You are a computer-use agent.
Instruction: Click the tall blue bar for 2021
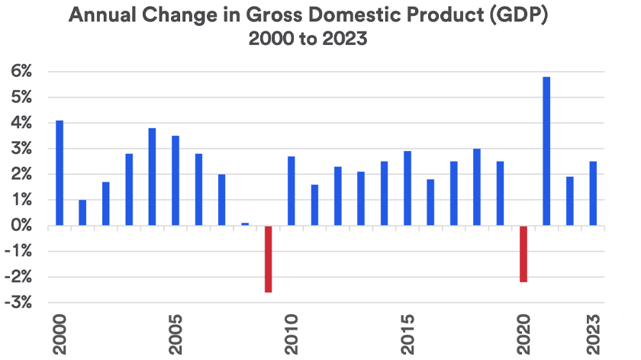[x=546, y=151]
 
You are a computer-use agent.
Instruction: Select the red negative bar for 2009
[x=269, y=259]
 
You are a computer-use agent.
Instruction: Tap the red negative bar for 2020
[x=523, y=254]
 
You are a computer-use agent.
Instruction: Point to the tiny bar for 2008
[x=245, y=224]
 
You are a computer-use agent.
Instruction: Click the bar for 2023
[x=593, y=194]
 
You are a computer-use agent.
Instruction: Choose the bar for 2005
[x=176, y=181]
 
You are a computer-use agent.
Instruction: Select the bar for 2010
[x=292, y=191]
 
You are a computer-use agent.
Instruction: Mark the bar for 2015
[x=407, y=188]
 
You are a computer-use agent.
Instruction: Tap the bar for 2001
[x=82, y=213]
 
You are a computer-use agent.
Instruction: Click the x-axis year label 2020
[x=523, y=333]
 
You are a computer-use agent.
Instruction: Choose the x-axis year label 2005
[x=176, y=333]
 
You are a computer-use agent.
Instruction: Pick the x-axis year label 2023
[x=593, y=333]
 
